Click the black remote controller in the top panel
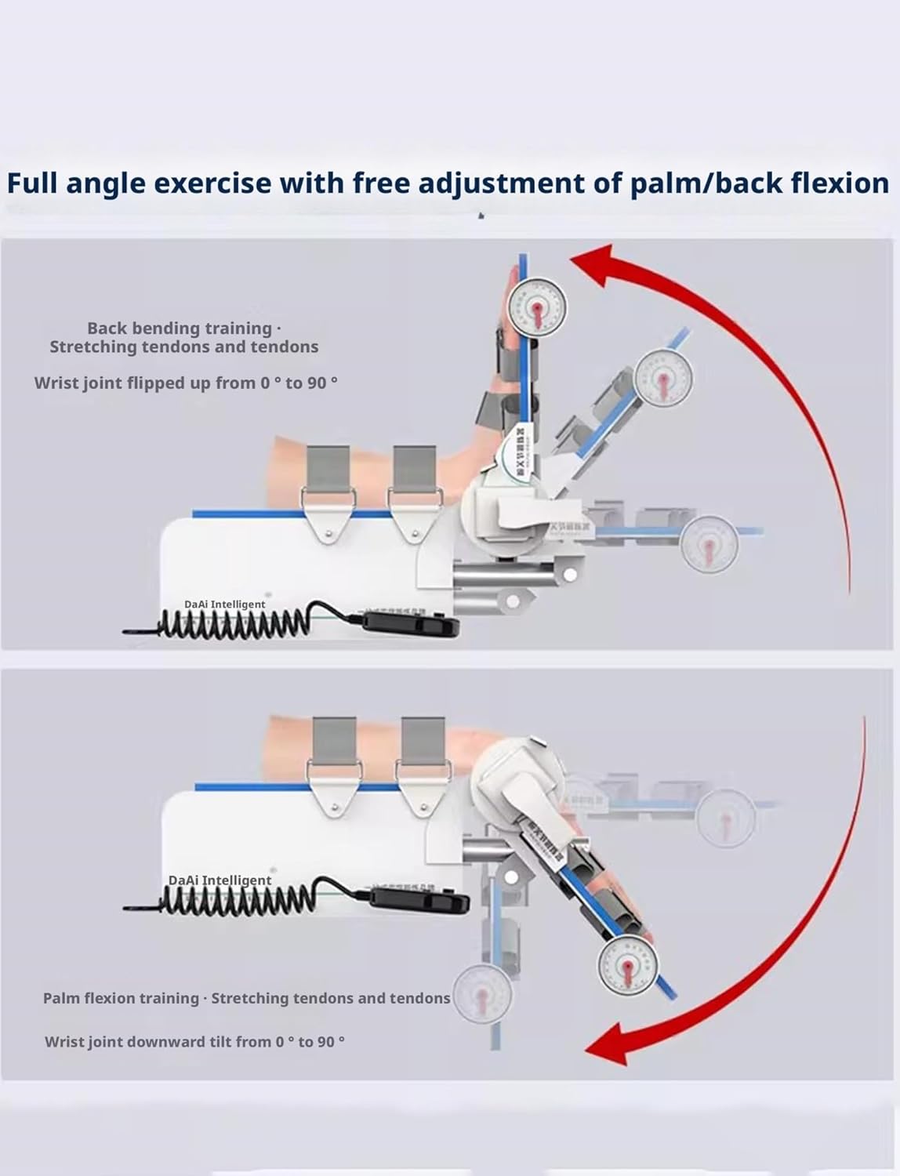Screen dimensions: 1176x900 [410, 625]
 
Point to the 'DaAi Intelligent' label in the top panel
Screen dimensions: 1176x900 [225, 604]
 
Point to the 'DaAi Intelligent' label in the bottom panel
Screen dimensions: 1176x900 [220, 880]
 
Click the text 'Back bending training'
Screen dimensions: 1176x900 [180, 328]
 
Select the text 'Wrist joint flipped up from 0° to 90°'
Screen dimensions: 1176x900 [186, 383]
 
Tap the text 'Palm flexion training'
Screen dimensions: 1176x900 [121, 999]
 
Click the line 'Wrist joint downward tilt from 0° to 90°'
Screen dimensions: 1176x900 [194, 1042]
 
